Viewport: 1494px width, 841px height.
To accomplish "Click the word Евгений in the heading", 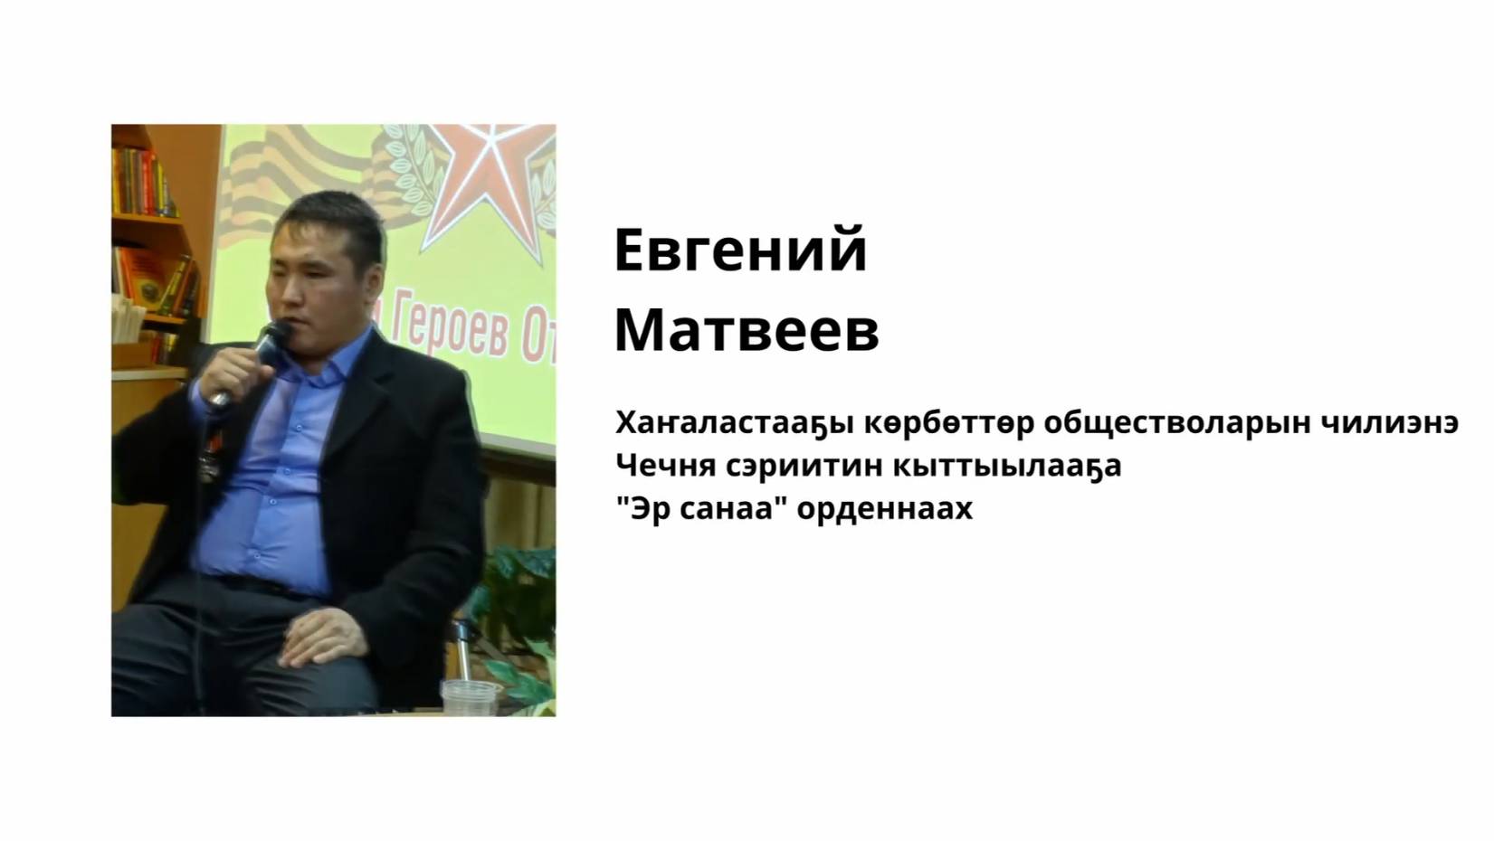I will [740, 251].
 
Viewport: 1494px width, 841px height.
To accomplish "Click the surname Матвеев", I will [747, 331].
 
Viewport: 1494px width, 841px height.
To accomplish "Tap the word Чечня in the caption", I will [665, 466].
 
